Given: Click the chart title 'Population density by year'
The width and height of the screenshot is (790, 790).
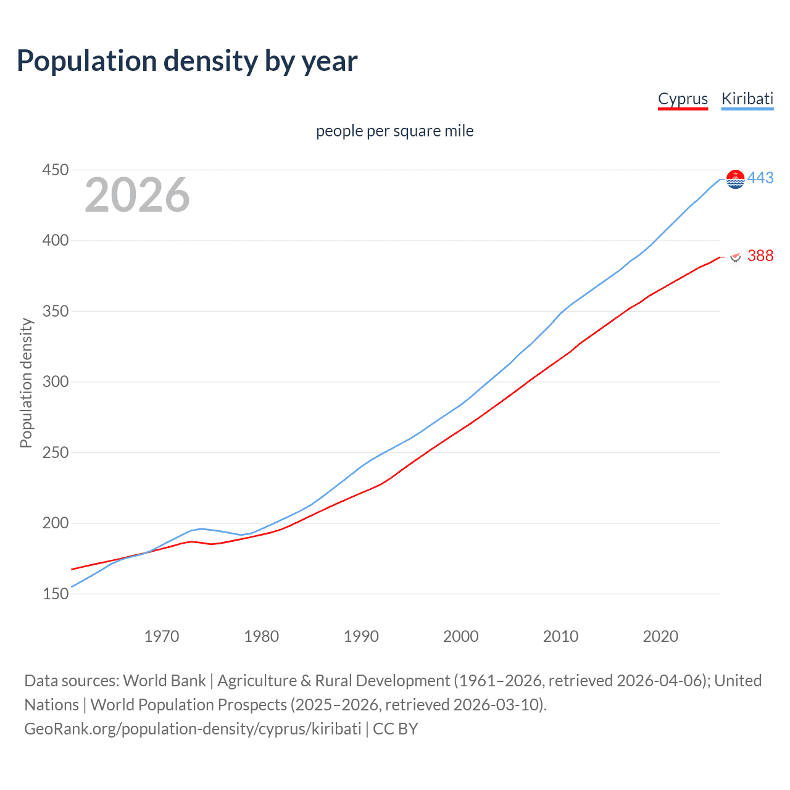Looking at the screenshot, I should pos(187,61).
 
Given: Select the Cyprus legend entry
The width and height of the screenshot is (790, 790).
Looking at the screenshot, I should pos(683,99).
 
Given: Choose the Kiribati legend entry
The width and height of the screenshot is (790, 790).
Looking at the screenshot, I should pos(747,99).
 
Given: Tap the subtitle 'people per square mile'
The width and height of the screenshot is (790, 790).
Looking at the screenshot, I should pos(394,131).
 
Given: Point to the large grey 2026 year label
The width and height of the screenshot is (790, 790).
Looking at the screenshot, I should pos(137,195).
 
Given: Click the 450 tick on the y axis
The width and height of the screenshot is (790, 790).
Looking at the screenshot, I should pos(55,170).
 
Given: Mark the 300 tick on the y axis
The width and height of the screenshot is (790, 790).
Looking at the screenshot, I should pos(55,382).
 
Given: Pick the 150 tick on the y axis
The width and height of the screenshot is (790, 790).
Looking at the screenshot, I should pos(55,594).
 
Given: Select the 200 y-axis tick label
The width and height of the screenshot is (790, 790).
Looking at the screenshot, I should pos(55,523).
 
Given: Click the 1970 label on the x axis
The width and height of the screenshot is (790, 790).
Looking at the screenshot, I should pos(162,636).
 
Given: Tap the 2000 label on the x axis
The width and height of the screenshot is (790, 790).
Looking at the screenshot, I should pos(461,636).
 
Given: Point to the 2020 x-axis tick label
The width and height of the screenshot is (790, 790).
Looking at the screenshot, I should pos(660,636).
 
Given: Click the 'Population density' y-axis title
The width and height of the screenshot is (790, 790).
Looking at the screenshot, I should pos(26,383).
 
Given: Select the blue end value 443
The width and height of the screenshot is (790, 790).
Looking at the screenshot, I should pos(760,178).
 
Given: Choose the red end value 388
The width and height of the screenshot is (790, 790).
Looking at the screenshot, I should pos(760,256).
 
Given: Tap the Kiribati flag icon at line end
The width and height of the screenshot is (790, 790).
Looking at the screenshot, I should pos(736,179).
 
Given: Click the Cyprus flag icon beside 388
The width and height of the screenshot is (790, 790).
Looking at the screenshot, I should pos(736,256).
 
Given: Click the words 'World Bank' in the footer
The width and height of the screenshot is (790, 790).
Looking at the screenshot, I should pos(164,681).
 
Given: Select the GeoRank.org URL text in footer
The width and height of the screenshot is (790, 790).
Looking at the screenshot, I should pos(193,729).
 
